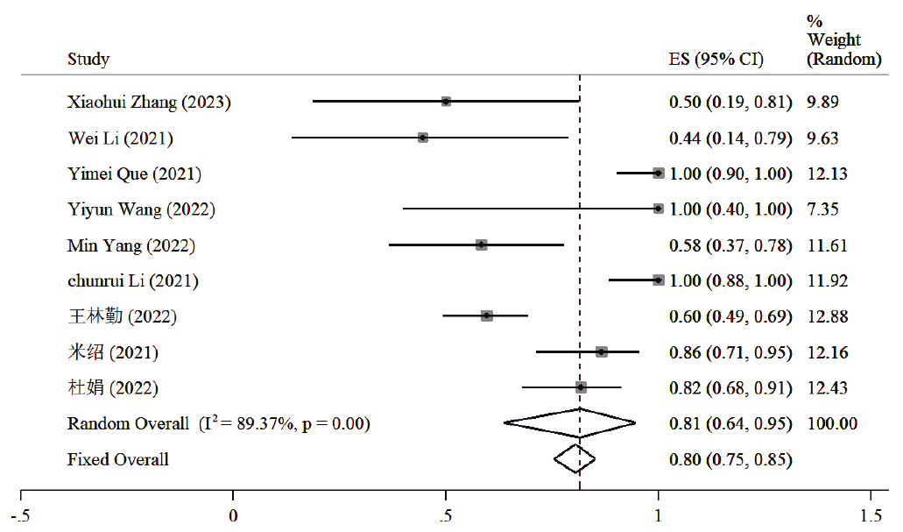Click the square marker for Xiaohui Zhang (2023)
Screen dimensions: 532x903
point(446,102)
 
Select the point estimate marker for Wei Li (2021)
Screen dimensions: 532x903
point(423,138)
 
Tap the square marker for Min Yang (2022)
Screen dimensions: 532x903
point(481,245)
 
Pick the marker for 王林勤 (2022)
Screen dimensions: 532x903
point(487,316)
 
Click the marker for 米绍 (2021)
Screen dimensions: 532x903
point(601,351)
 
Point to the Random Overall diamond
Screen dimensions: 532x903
point(570,423)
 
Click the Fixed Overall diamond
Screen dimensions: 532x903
point(575,458)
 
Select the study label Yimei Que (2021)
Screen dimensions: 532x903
point(134,174)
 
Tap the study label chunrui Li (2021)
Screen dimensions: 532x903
point(133,280)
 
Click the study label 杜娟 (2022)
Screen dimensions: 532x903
point(114,387)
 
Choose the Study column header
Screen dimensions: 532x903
point(88,60)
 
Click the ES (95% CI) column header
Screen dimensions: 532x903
point(716,60)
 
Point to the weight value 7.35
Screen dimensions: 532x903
point(822,209)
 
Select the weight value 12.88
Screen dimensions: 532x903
point(827,316)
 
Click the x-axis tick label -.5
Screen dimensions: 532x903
point(19,516)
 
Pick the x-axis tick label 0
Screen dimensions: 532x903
point(233,516)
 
